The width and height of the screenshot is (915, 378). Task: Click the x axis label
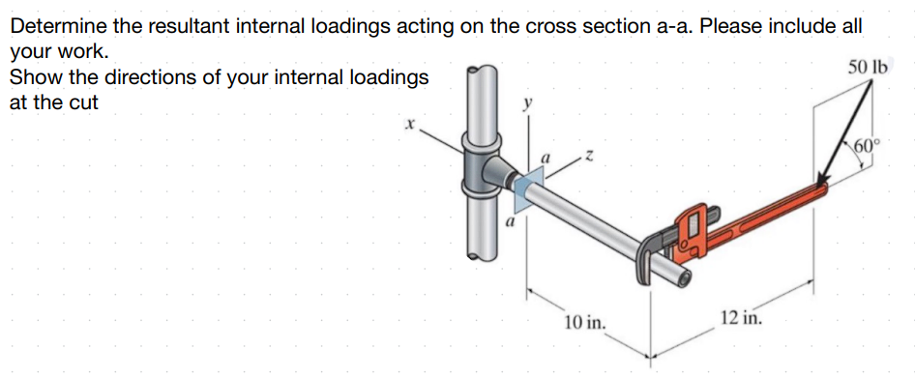(410, 125)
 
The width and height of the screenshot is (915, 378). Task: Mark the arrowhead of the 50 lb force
(823, 183)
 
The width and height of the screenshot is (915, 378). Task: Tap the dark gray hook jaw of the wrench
(648, 253)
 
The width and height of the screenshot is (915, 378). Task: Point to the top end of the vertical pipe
(481, 73)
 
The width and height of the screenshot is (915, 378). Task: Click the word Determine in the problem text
(60, 26)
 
